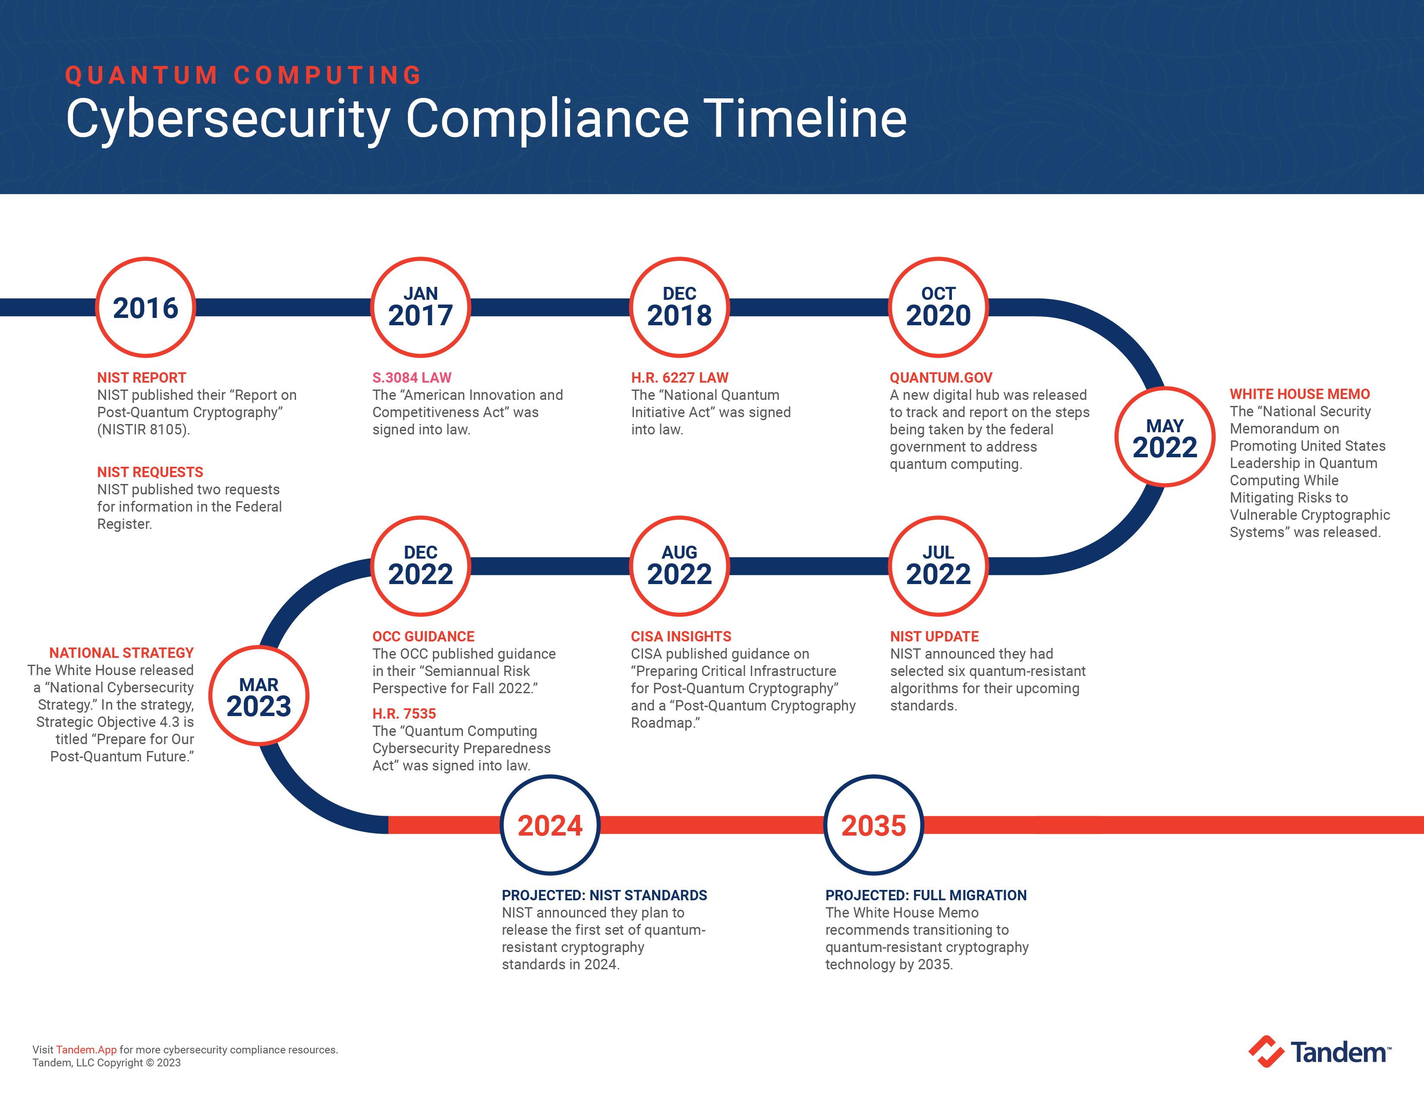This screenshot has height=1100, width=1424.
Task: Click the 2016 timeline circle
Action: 145,308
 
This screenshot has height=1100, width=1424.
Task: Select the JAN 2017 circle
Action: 421,308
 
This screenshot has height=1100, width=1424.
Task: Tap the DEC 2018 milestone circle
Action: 679,308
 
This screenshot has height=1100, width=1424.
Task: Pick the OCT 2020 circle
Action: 938,308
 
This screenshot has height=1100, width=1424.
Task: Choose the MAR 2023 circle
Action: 259,696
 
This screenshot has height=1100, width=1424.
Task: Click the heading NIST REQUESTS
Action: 150,472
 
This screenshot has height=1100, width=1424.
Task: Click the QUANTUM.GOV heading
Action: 940,377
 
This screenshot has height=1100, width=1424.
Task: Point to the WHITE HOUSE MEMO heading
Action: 1299,393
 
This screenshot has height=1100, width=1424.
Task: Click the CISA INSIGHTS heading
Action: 680,636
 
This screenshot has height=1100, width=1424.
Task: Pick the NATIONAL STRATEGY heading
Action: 121,652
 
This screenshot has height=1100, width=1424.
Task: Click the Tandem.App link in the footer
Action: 86,1049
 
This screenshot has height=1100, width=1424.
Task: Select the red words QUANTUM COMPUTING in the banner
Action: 244,75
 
